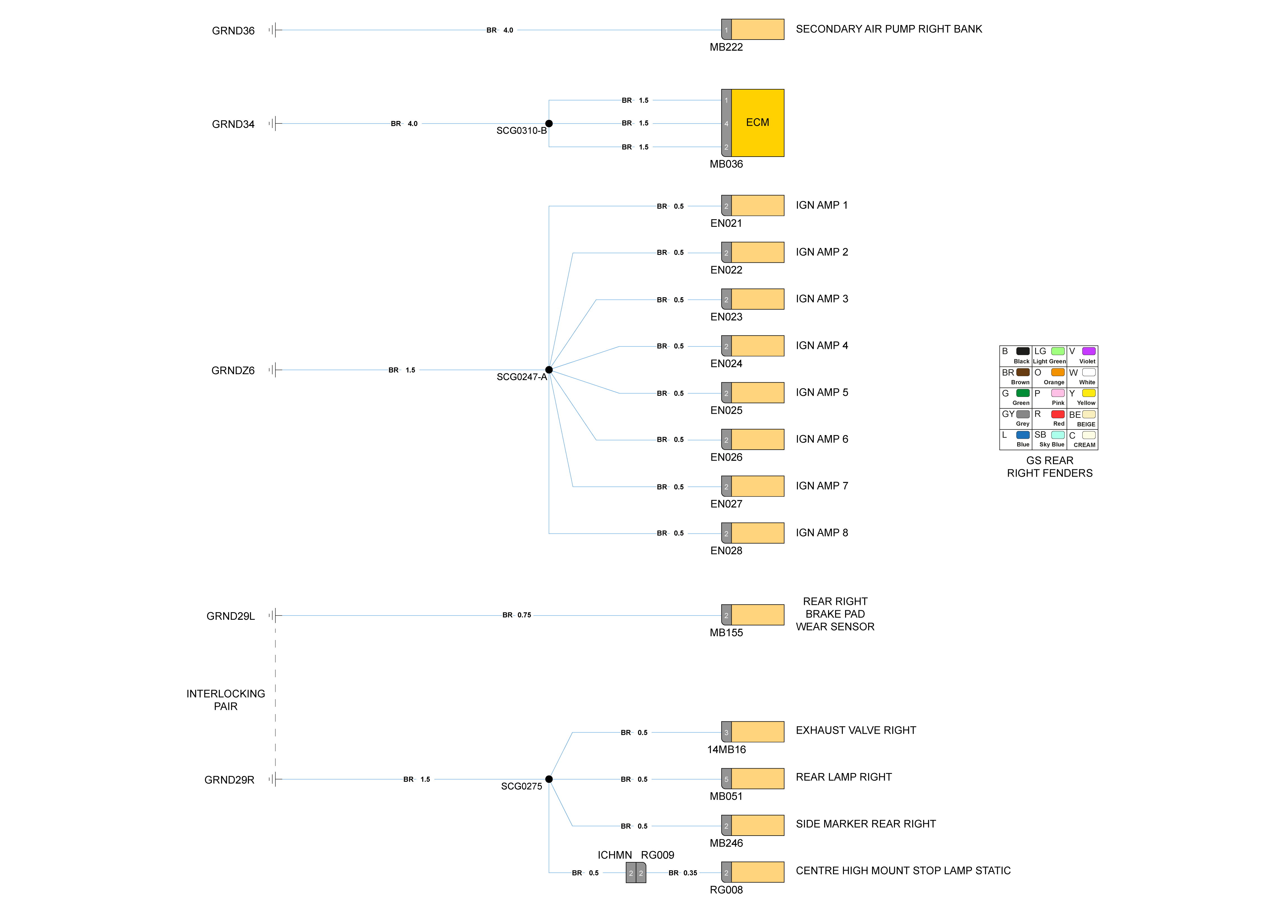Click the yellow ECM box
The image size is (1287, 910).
coord(757,123)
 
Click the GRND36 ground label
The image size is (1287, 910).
coord(233,31)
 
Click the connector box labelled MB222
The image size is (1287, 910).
coord(753,29)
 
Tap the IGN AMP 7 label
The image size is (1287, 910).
coord(822,486)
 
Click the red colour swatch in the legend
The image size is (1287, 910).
coord(1058,414)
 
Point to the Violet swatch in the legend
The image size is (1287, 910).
coord(1089,351)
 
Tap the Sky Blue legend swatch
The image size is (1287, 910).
coord(1058,435)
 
